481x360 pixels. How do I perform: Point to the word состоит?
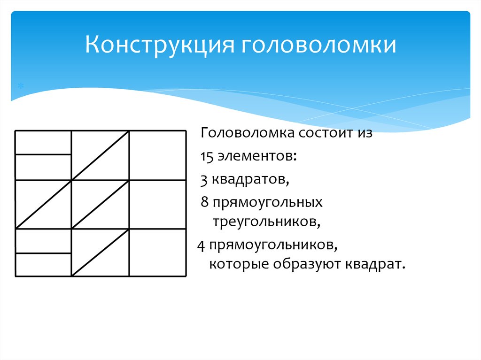coord(319,133)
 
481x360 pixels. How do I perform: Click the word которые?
coord(234,264)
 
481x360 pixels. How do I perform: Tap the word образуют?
coord(303,264)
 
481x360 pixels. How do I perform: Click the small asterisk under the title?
coord(20,87)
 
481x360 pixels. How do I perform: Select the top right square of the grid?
coord(157,155)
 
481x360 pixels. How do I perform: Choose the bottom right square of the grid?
coord(157,253)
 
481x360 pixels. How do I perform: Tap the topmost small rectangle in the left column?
coord(43,142)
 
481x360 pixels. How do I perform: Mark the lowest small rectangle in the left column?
coord(43,265)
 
